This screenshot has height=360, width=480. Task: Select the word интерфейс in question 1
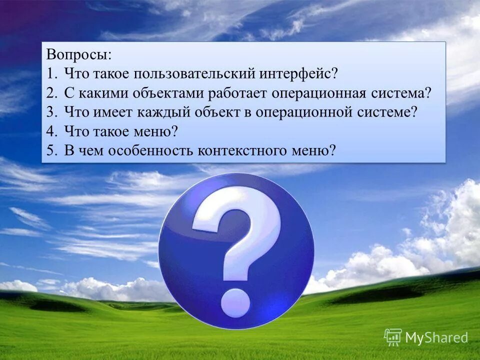click(x=298, y=73)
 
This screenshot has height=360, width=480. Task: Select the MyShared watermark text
click(x=436, y=338)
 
